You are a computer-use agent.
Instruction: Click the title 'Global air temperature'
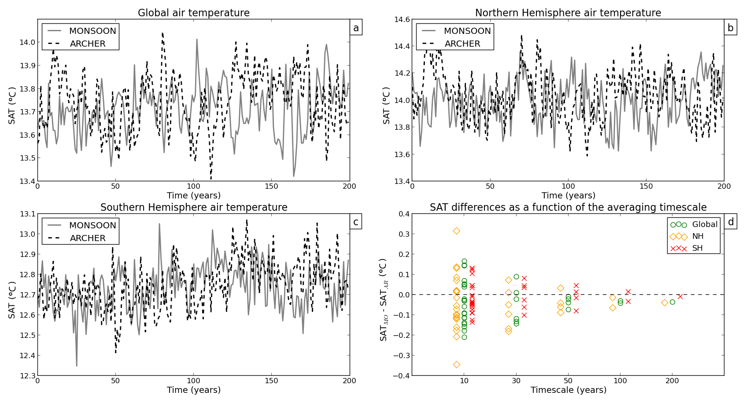(194, 13)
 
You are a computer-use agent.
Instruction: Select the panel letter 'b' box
(730, 28)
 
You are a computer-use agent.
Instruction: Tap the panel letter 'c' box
(356, 222)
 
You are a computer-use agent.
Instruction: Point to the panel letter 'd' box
(731, 222)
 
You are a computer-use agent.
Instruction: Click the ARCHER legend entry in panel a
(88, 44)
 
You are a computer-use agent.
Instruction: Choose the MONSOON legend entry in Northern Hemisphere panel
(467, 31)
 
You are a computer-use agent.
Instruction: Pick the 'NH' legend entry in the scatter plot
(698, 237)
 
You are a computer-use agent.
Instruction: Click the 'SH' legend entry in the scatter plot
(697, 249)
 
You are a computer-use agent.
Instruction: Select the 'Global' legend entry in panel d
(705, 225)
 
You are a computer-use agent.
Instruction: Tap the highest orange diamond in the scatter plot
(457, 231)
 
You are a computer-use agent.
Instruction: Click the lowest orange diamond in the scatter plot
(457, 364)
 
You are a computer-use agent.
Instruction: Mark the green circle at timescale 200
(672, 302)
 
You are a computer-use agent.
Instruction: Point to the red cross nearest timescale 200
(680, 297)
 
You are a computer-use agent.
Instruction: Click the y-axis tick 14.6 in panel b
(402, 20)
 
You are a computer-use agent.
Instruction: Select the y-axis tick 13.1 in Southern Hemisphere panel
(27, 214)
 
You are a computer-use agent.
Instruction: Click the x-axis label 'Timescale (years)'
(568, 390)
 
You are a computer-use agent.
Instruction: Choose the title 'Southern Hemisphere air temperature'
(194, 208)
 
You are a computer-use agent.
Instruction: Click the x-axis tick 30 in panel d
(516, 381)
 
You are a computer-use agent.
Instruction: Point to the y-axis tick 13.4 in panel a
(27, 181)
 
